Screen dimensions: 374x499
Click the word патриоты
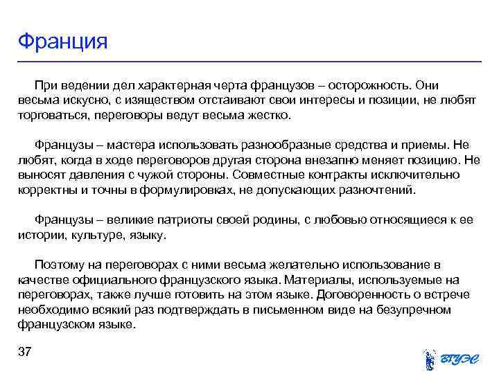pos(181,220)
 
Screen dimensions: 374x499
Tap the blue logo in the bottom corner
pos(450,357)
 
